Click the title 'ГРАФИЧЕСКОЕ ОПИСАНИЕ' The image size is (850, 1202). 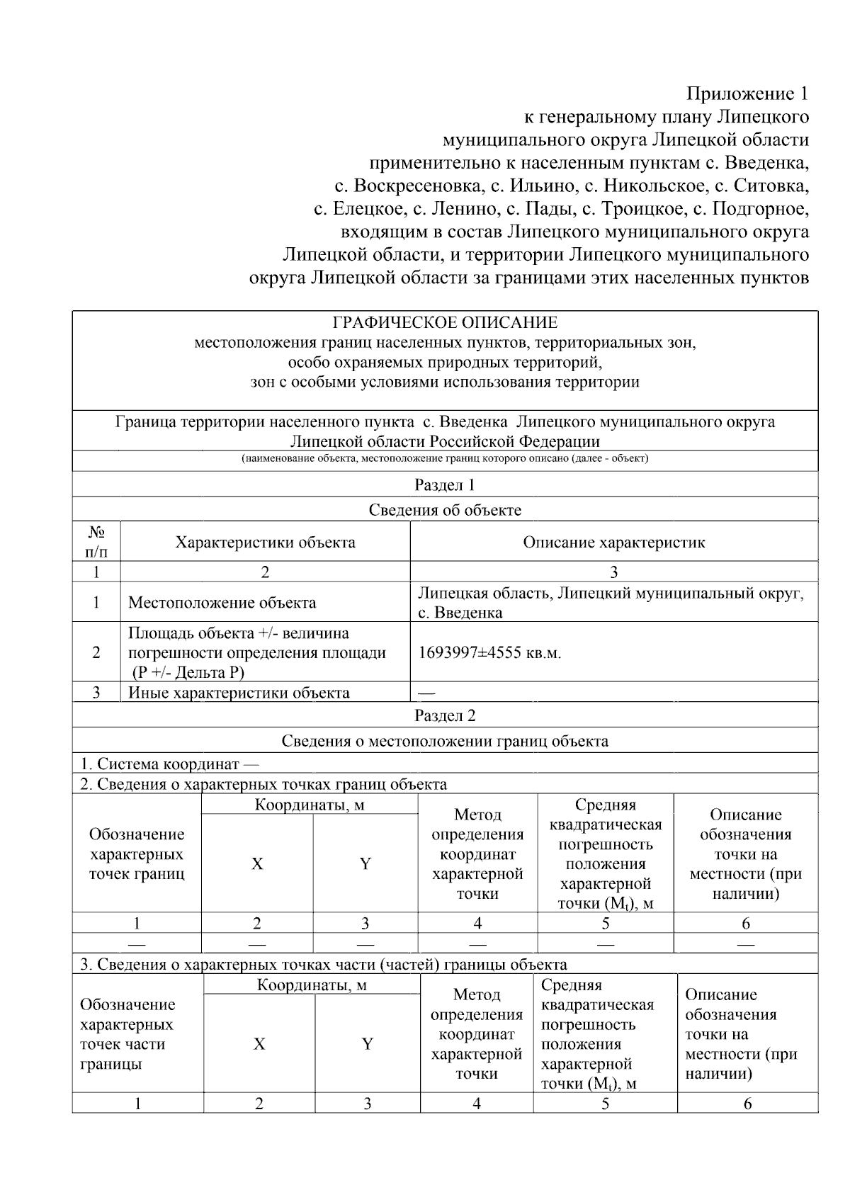pos(445,323)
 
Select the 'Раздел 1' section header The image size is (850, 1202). pos(445,485)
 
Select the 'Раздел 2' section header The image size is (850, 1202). pos(445,715)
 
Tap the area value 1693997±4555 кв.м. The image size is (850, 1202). pos(489,652)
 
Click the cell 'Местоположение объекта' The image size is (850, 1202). pos(222,603)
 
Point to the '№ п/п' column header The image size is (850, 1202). pos(96,542)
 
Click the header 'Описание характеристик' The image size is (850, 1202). pos(613,543)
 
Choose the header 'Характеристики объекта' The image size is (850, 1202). pos(265,543)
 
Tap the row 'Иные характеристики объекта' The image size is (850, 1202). pos(239,693)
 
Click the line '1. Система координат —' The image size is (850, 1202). pos(169,764)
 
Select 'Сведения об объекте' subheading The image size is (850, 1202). pos(445,510)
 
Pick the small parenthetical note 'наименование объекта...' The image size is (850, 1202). pos(445,459)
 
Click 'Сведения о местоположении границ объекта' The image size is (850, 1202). pos(445,741)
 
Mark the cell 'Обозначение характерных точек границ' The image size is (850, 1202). pos(137,854)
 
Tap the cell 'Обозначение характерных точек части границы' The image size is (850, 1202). pos(128,1034)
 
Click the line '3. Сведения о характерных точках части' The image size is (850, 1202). pos(323,964)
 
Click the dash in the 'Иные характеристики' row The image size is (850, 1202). pos(427,693)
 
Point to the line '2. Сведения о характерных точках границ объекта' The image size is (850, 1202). pos(263,784)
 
